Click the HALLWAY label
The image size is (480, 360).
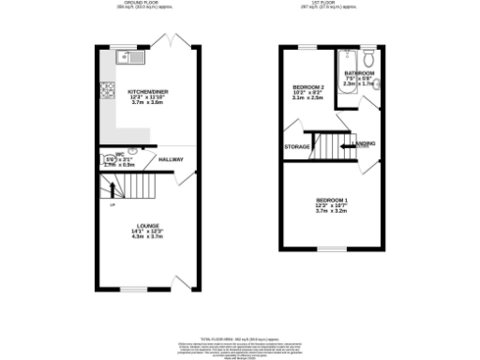[x=170, y=160]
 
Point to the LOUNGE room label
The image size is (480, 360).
[x=146, y=226]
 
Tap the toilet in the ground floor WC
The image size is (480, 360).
[x=135, y=150]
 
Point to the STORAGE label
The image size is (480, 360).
[x=297, y=147]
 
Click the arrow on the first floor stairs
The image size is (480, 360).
[x=356, y=145]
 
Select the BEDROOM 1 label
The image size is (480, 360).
[x=331, y=202]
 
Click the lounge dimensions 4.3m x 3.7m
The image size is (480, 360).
[x=146, y=237]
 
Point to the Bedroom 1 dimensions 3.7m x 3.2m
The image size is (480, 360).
[x=331, y=213]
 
